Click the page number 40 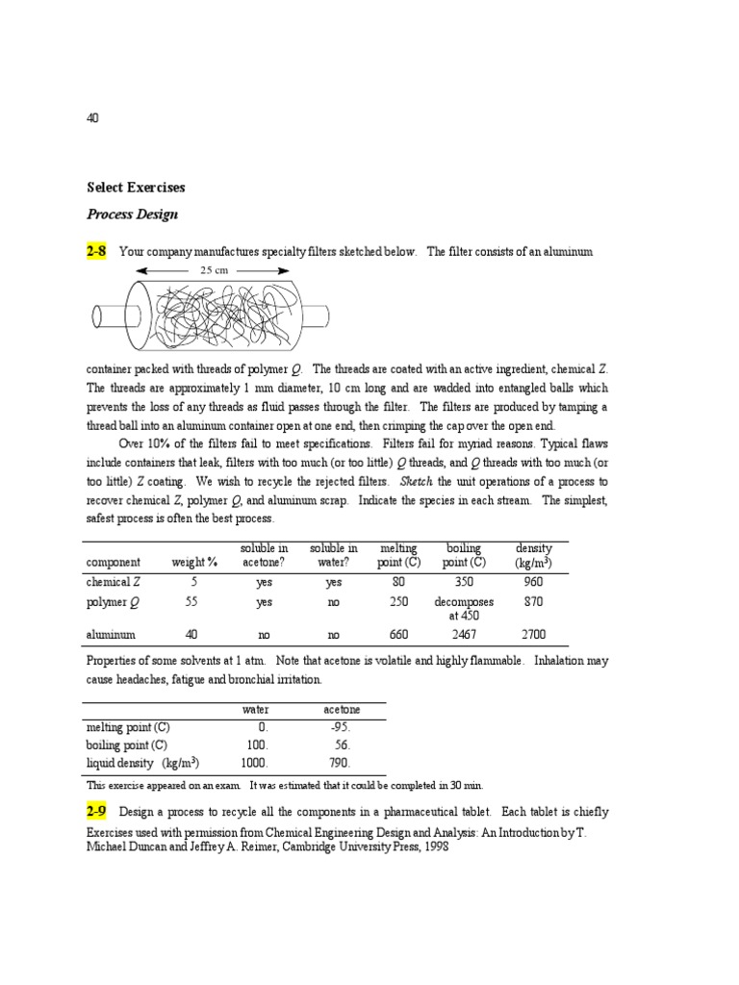[92, 118]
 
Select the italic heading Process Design [132, 215]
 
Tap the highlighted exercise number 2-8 [96, 252]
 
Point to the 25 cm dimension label [214, 271]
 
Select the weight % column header [191, 563]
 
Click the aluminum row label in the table [110, 635]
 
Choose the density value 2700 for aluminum [533, 635]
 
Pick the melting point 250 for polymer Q [399, 602]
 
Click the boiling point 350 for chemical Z [464, 582]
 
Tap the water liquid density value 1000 [254, 762]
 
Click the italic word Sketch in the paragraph [415, 481]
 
